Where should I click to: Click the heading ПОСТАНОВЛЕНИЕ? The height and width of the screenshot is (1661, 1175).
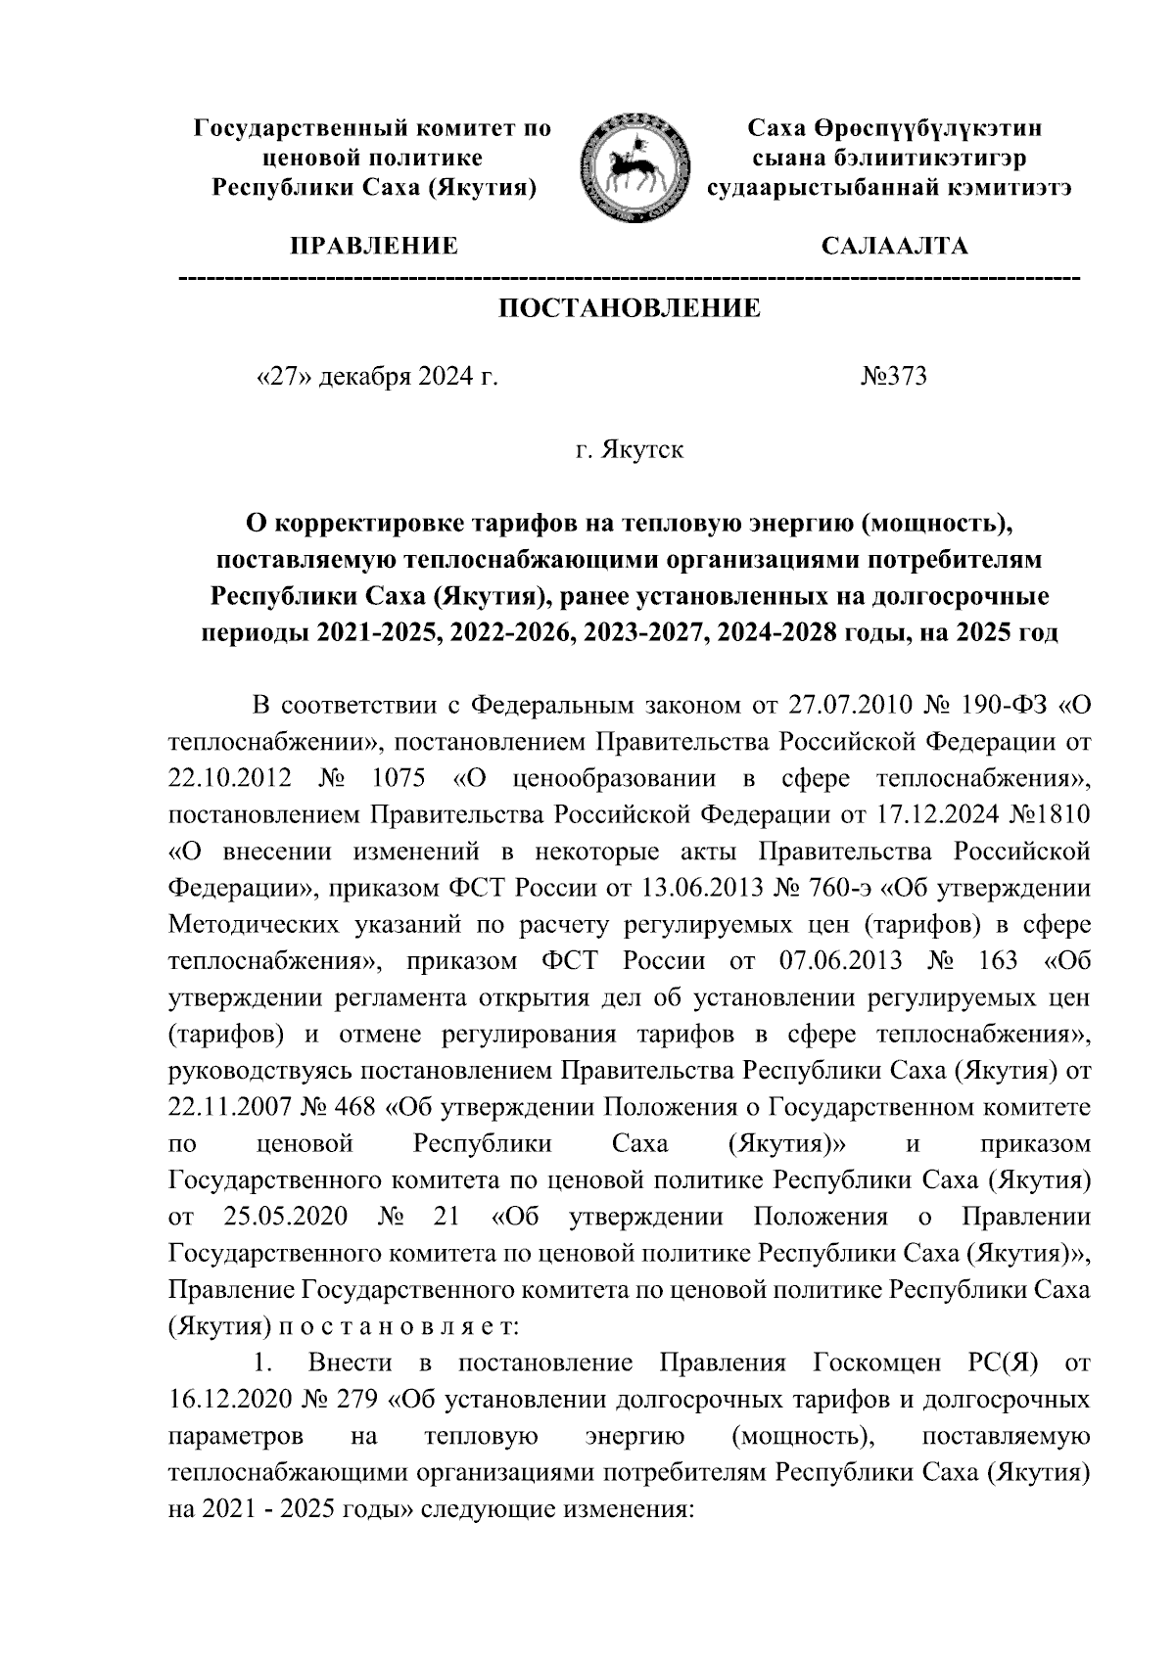pos(630,309)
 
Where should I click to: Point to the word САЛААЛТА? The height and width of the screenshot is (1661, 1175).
pos(893,246)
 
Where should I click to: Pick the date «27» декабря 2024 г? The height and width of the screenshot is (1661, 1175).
pos(376,377)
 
